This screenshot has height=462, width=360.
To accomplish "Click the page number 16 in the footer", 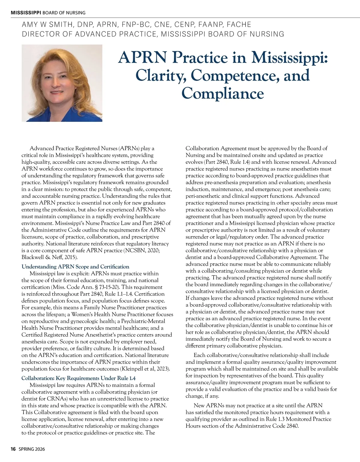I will tap(13, 449).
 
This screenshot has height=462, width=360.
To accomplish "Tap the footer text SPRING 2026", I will tap(31, 449).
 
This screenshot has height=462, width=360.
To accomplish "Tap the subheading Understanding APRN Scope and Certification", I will tap(75, 266).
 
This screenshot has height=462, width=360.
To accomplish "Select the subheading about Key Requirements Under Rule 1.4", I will tap(78, 378).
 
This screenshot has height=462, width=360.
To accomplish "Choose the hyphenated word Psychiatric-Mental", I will tap(143, 321).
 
